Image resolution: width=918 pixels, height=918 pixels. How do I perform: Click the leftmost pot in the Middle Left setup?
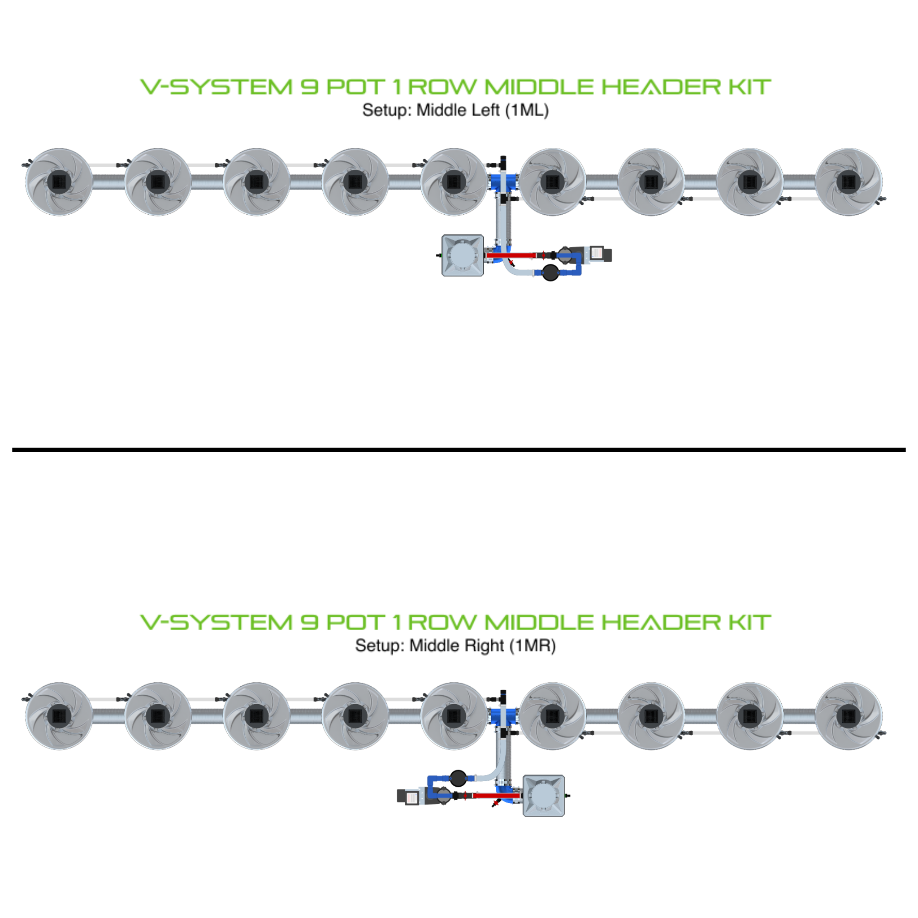tap(59, 182)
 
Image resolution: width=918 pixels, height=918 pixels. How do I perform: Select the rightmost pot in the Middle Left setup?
tap(849, 182)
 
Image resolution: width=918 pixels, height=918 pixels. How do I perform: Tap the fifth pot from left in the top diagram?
tap(454, 182)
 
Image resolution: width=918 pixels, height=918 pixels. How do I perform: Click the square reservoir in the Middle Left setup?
tap(462, 255)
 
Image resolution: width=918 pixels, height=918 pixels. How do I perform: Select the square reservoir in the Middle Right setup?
tap(544, 796)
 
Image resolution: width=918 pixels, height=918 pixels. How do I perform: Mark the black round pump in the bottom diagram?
tap(458, 778)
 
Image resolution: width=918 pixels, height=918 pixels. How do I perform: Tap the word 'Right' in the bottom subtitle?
tap(481, 646)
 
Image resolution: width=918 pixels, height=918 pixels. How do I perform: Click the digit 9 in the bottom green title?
tap(309, 623)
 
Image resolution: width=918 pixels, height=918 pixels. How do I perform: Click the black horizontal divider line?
tap(459, 450)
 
